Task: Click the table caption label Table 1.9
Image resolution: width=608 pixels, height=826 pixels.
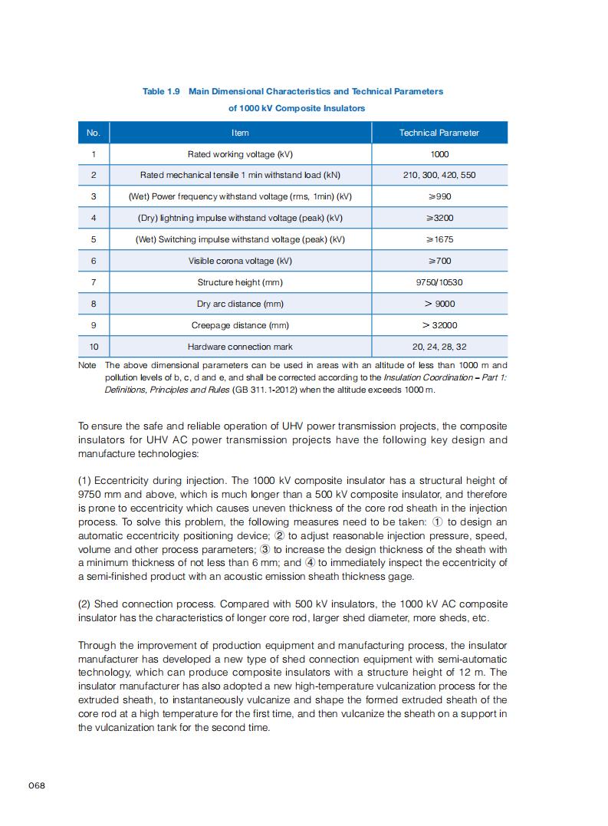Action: tap(161, 91)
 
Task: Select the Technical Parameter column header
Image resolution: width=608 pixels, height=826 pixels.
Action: tap(439, 133)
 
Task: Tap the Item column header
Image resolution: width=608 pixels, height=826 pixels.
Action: tap(240, 133)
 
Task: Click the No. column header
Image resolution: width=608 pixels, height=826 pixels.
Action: tap(94, 133)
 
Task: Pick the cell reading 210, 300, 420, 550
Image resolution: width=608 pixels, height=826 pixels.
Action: tap(439, 175)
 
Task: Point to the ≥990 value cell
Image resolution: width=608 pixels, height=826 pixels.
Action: tap(439, 196)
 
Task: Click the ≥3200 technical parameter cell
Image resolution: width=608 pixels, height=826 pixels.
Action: tap(439, 218)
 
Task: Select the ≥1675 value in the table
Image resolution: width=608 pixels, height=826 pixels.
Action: tap(439, 239)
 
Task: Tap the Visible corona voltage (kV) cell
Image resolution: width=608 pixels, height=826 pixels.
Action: tap(240, 261)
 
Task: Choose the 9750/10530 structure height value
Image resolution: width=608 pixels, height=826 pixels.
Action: tap(439, 282)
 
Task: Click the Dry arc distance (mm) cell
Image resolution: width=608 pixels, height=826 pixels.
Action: tap(240, 304)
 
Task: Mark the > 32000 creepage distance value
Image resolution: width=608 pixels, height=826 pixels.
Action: tap(439, 325)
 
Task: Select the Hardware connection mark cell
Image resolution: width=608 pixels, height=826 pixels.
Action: tap(240, 347)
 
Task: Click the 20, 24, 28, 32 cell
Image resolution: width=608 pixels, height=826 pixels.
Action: tap(439, 347)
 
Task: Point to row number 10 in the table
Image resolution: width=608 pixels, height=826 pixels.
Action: tap(94, 347)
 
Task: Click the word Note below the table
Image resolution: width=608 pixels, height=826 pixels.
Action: tap(87, 366)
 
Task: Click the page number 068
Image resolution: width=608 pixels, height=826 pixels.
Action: tap(37, 785)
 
